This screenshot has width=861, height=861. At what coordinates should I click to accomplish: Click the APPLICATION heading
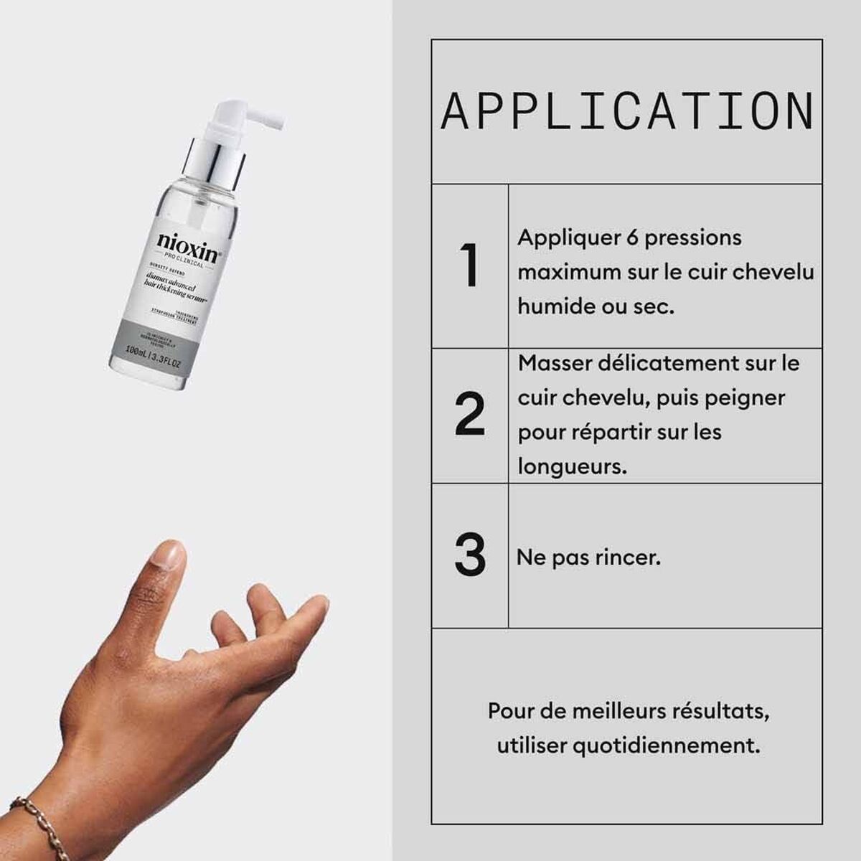(627, 112)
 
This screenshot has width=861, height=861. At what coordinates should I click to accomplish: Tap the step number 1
(469, 266)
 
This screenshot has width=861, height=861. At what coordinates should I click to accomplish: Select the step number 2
(469, 415)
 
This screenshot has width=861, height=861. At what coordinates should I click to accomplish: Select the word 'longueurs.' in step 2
(572, 467)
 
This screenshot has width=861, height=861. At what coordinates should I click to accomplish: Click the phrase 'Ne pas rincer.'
(588, 557)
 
